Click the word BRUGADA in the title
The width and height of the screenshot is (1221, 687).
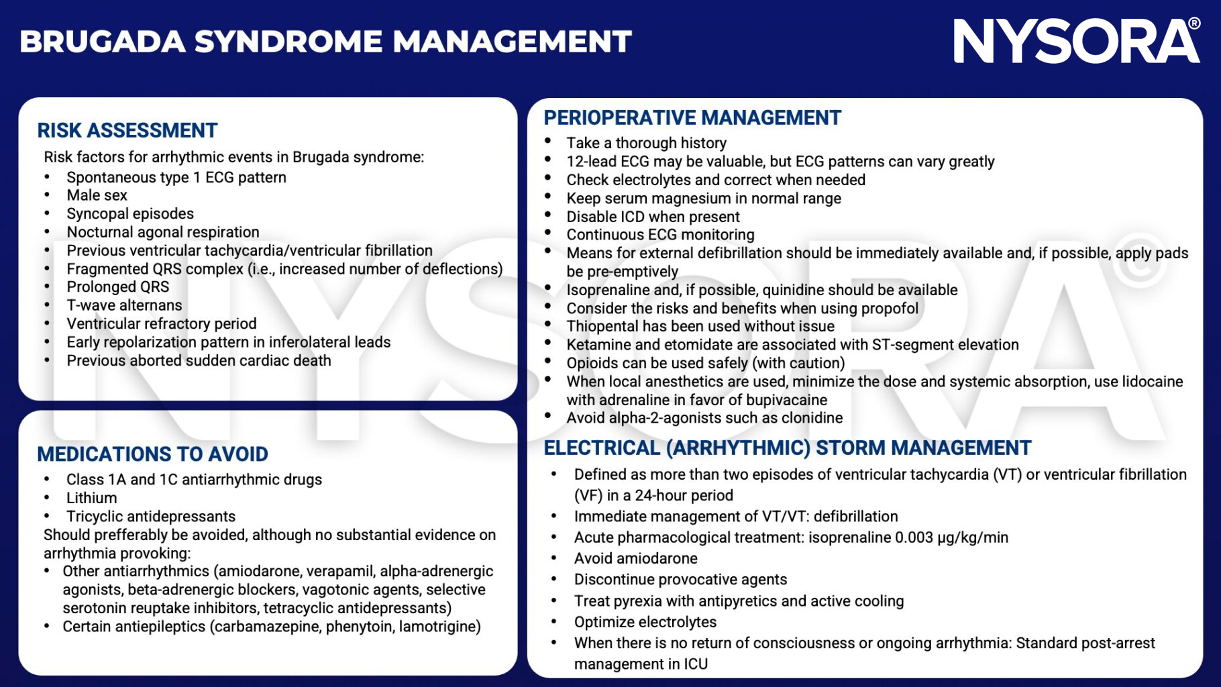point(102,42)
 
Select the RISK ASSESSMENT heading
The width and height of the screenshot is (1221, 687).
point(127,130)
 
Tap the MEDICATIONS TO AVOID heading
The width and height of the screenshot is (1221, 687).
point(152,454)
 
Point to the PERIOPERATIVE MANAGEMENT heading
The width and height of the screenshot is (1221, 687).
point(692,118)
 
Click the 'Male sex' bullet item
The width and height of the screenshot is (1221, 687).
point(97,195)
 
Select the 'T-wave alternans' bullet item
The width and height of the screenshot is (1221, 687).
point(124,305)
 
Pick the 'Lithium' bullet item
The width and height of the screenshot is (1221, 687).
point(91,498)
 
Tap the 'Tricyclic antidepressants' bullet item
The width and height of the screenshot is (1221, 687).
point(150,517)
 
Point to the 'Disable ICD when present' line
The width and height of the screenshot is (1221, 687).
point(653,217)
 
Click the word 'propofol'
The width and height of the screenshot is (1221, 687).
point(889,309)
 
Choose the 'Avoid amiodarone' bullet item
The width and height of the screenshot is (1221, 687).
point(635,559)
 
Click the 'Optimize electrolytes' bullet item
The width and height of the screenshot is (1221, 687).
point(645,622)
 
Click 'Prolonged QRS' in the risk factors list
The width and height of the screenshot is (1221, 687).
point(117,287)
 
